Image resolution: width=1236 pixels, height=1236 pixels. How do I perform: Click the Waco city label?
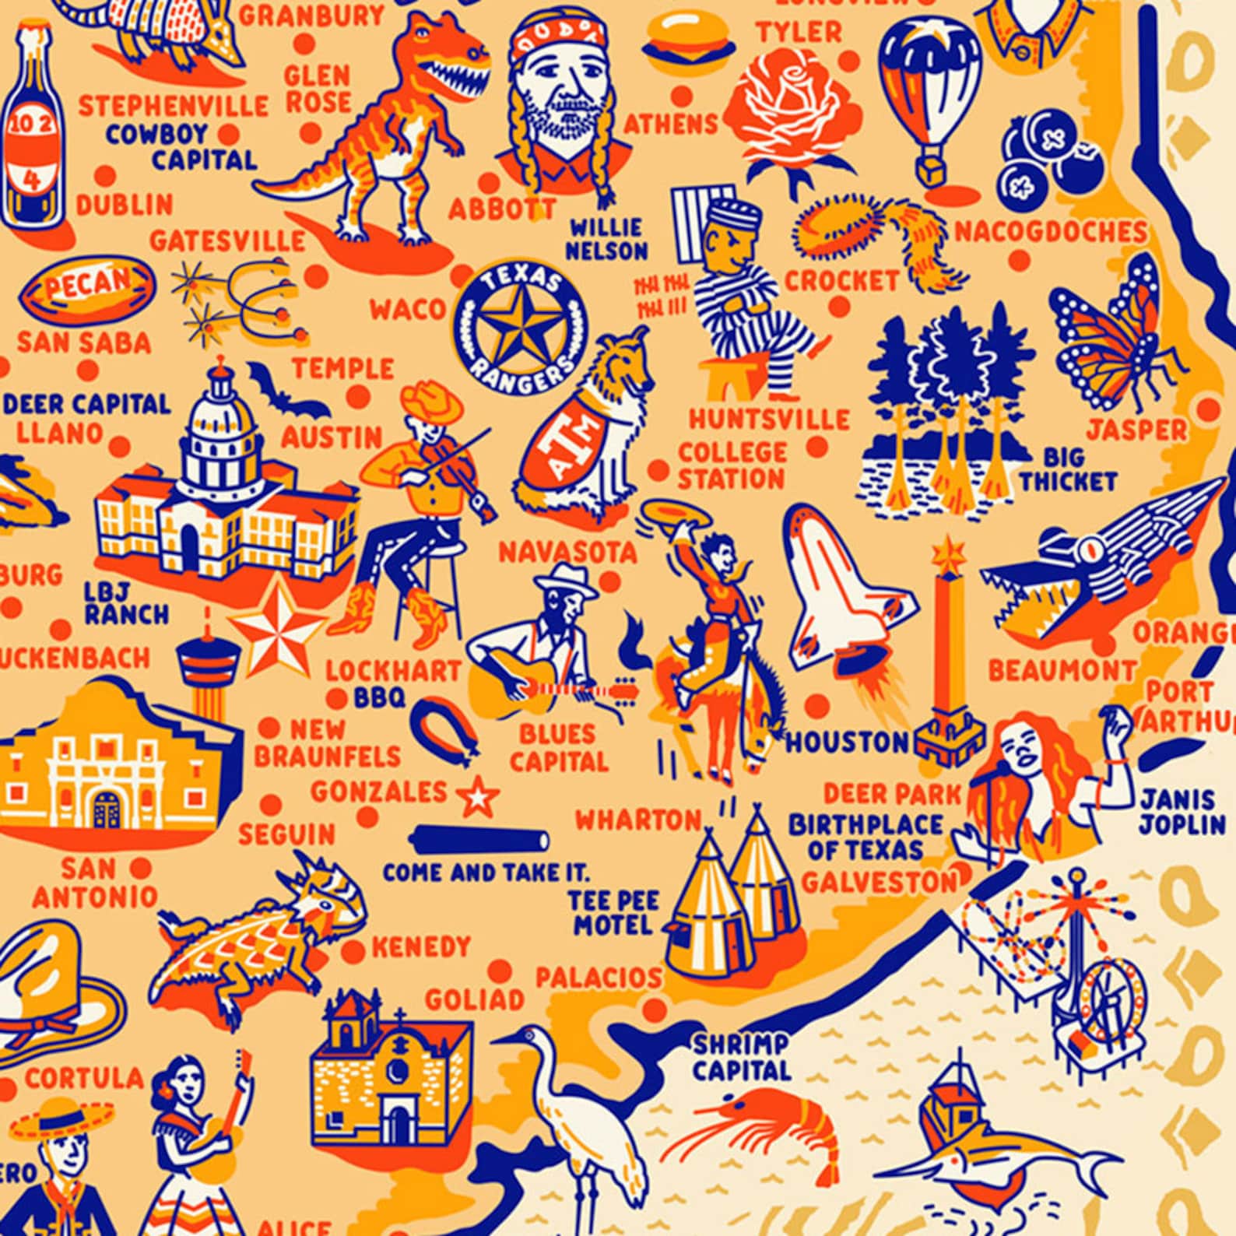tap(406, 309)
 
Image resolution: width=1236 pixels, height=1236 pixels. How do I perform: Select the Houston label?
tap(847, 741)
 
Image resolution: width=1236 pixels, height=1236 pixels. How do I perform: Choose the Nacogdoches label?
tap(1050, 231)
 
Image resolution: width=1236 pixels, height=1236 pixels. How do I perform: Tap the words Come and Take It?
tap(485, 873)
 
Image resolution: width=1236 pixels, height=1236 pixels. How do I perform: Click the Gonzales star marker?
tap(476, 797)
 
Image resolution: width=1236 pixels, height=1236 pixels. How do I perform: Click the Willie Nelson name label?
tap(606, 239)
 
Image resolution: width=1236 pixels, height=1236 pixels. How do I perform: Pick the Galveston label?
tap(880, 882)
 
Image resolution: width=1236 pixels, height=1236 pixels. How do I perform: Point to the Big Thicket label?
tap(1067, 469)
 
